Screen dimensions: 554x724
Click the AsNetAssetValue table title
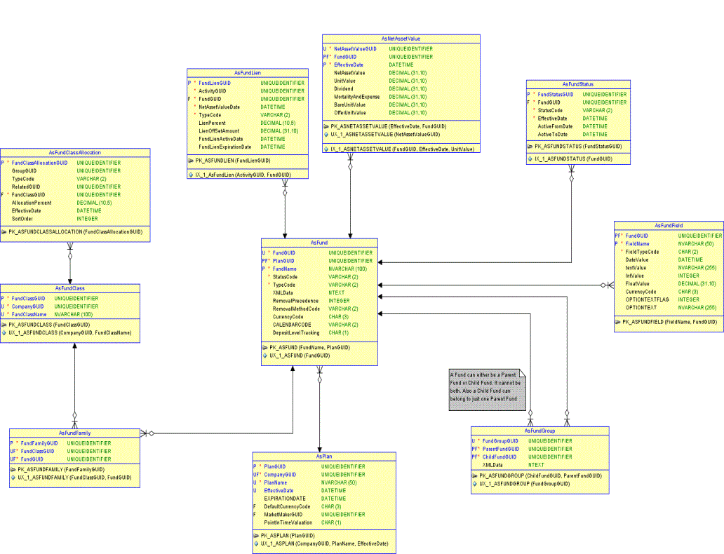[401, 38]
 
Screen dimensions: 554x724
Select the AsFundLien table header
[248, 72]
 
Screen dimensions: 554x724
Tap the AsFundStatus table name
[577, 84]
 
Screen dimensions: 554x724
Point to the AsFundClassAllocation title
[74, 152]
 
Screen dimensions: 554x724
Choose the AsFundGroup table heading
[539, 431]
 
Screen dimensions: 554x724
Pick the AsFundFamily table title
[74, 433]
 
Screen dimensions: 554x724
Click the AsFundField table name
[668, 225]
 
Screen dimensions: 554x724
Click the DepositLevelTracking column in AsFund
[296, 332]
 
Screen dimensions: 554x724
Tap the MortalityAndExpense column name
[356, 97]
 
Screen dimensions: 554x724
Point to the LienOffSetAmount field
[219, 131]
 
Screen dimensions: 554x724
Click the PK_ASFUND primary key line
[309, 347]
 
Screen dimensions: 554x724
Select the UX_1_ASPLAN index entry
[323, 543]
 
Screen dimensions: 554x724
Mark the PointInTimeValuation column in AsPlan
[288, 522]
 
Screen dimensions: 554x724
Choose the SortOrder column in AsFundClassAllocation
[25, 218]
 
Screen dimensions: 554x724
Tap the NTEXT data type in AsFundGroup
[536, 464]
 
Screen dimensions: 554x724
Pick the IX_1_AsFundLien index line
[243, 173]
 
